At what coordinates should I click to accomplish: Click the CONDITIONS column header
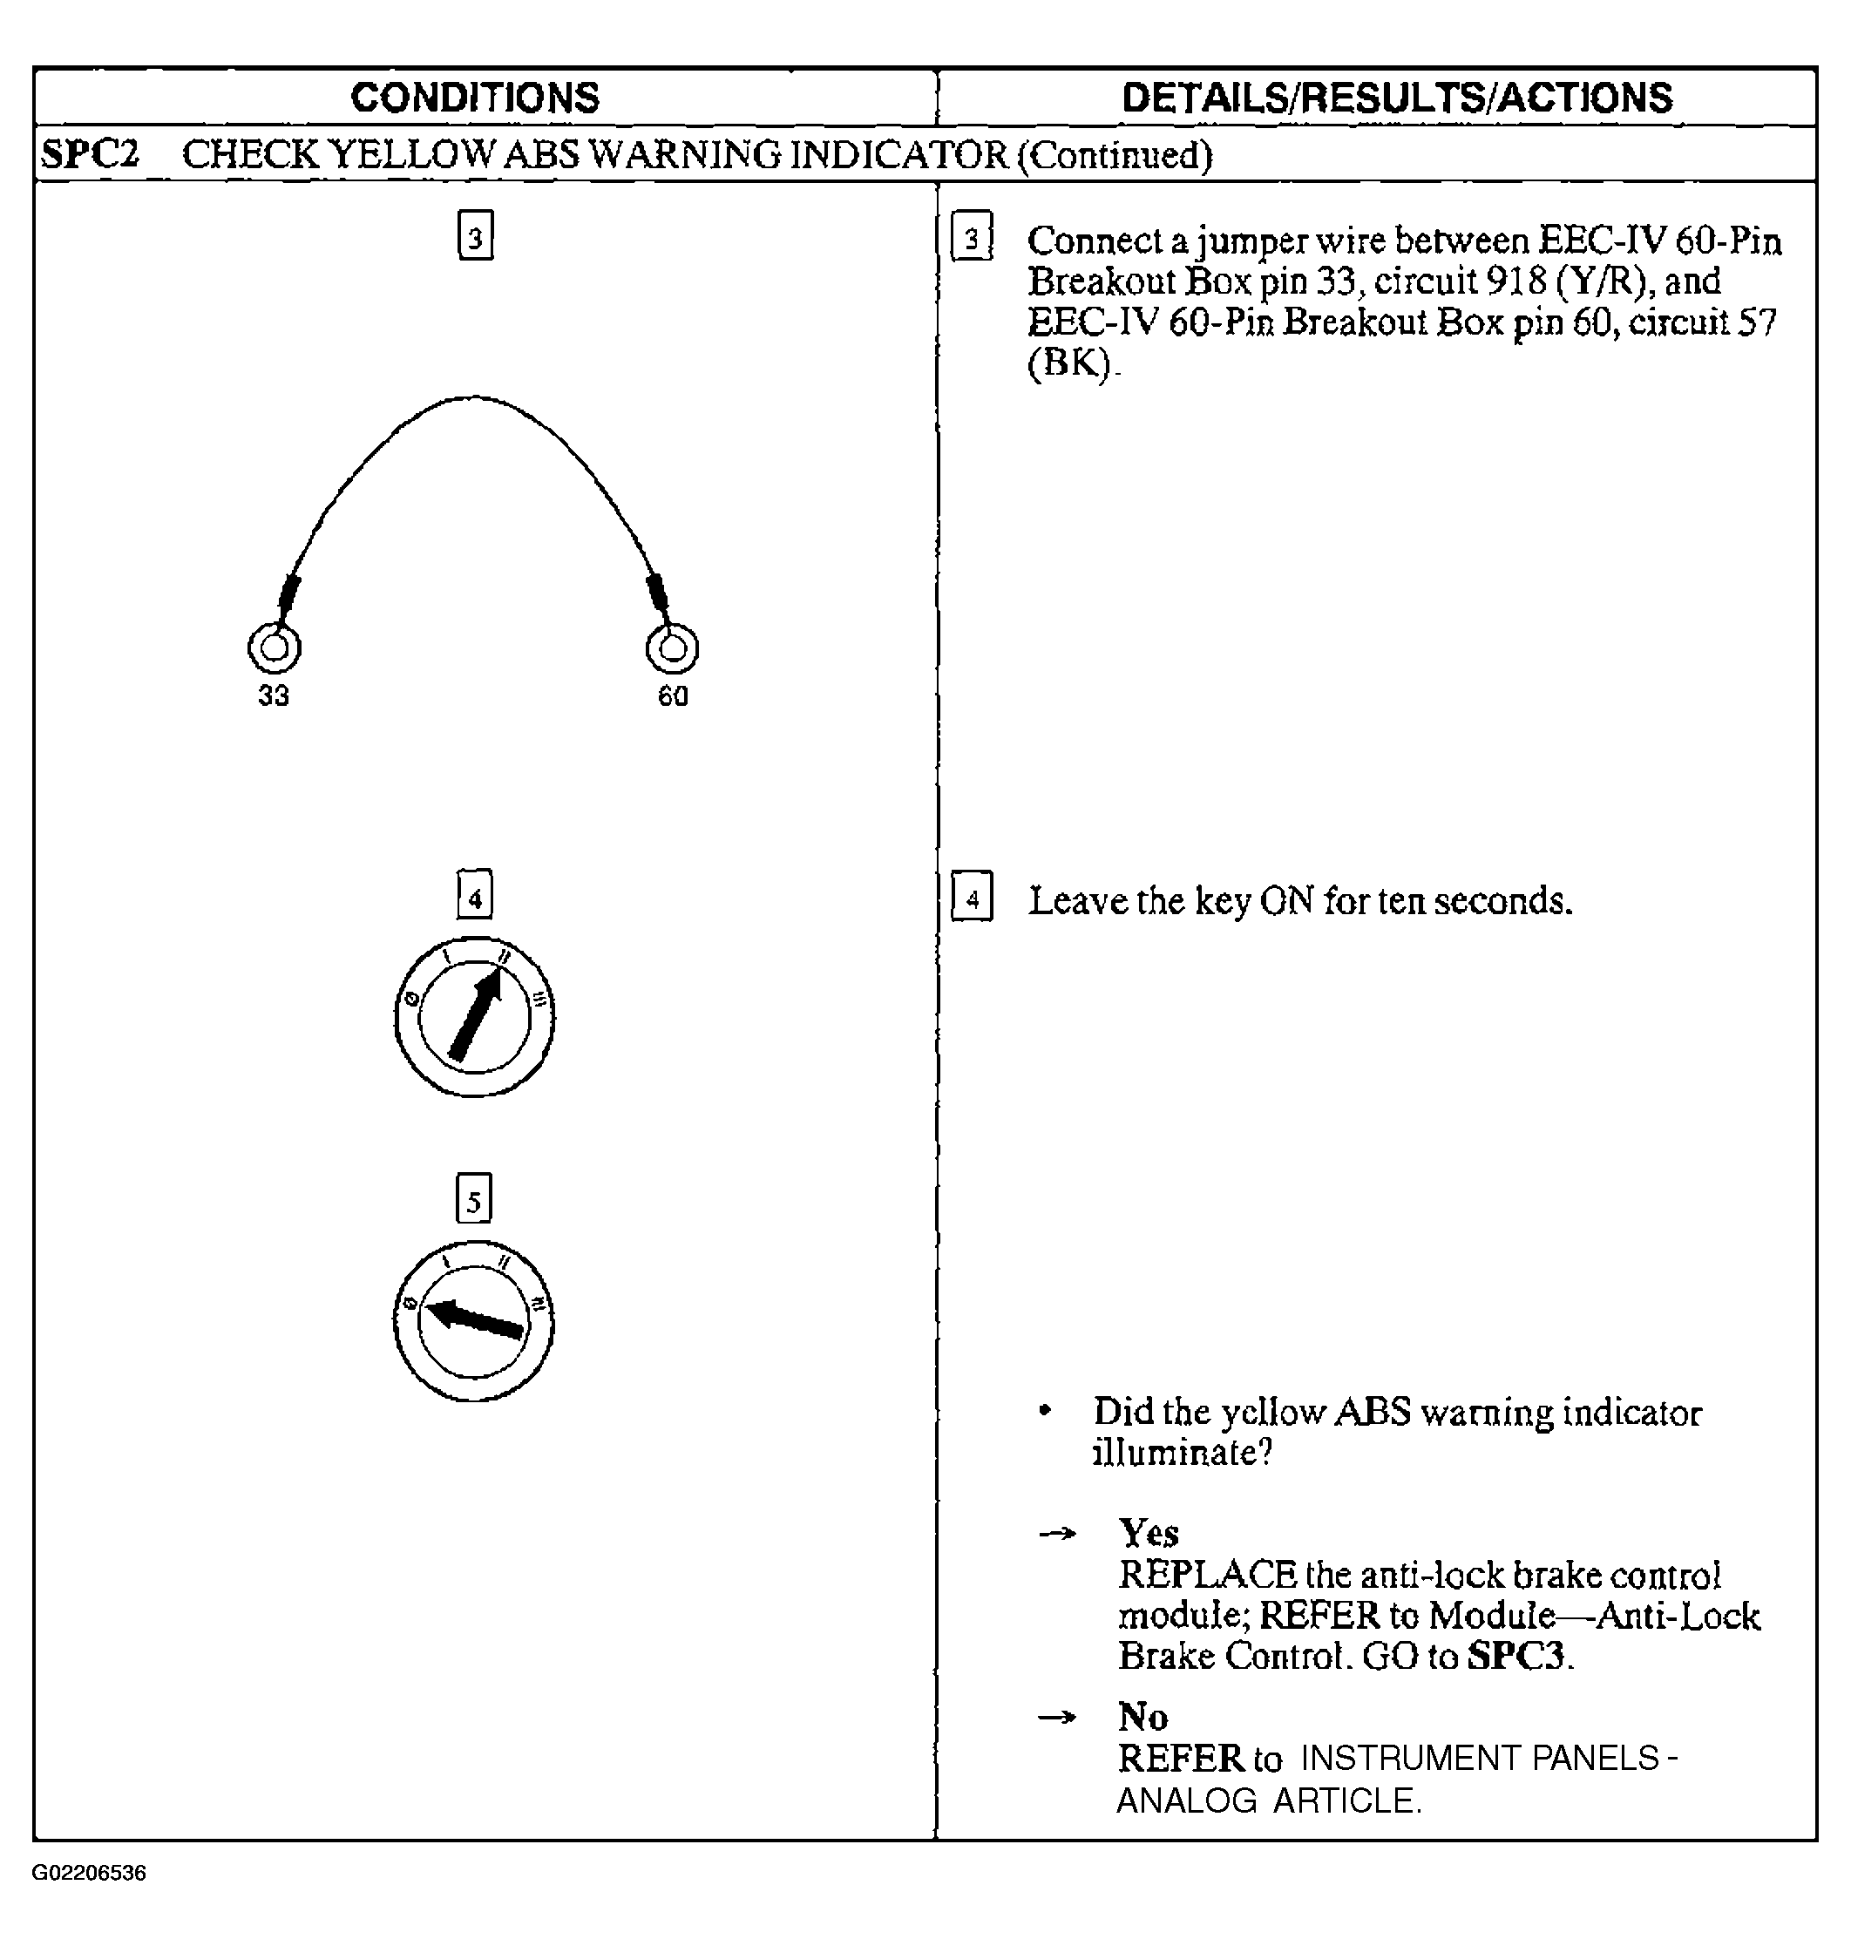pyautogui.click(x=475, y=98)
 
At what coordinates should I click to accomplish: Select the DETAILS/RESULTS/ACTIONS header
pyautogui.click(x=1397, y=98)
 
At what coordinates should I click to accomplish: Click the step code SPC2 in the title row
pyautogui.click(x=90, y=155)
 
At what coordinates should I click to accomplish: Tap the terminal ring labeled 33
pyautogui.click(x=274, y=648)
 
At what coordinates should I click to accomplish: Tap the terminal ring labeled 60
pyautogui.click(x=672, y=648)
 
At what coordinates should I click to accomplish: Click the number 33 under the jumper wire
pyautogui.click(x=274, y=695)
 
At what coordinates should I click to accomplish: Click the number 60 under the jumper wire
pyautogui.click(x=673, y=695)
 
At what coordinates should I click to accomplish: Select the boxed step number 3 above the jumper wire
pyautogui.click(x=476, y=236)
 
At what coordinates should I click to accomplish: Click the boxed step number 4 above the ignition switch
pyautogui.click(x=475, y=896)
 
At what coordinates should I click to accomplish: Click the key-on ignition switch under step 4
pyautogui.click(x=473, y=1016)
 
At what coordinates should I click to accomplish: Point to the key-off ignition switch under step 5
pyautogui.click(x=473, y=1320)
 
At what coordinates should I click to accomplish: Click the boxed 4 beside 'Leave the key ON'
pyautogui.click(x=972, y=897)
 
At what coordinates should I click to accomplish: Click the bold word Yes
pyautogui.click(x=1149, y=1533)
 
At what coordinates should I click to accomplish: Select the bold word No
pyautogui.click(x=1142, y=1717)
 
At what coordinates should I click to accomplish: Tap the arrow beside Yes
pyautogui.click(x=1057, y=1534)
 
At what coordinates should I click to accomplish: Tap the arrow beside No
pyautogui.click(x=1057, y=1718)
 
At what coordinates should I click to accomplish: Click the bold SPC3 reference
pyautogui.click(x=1516, y=1656)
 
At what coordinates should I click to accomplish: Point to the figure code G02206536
pyautogui.click(x=89, y=1873)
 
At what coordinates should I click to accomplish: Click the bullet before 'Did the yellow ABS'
pyautogui.click(x=1045, y=1411)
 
